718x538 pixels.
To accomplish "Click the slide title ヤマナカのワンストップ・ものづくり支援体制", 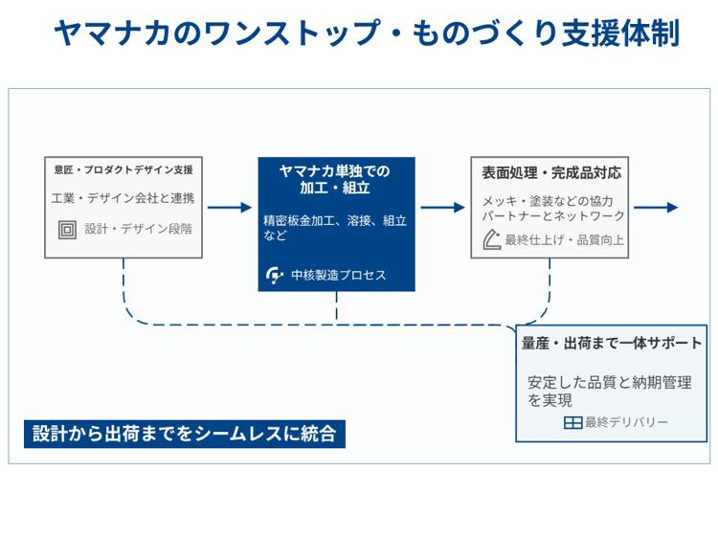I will pyautogui.click(x=367, y=33).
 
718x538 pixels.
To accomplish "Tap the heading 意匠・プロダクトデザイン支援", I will pyautogui.click(x=123, y=170).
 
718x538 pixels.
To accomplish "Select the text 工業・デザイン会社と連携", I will pyautogui.click(x=123, y=198).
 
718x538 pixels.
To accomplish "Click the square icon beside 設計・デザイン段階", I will pyautogui.click(x=68, y=230).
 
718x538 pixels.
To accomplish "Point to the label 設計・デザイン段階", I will pyautogui.click(x=138, y=230).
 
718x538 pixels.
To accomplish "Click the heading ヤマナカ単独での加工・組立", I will pyautogui.click(x=335, y=179).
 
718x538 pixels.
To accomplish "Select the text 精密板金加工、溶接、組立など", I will pyautogui.click(x=335, y=227).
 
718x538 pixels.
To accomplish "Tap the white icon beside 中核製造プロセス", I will pyautogui.click(x=275, y=276).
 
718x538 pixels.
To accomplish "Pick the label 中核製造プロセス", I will pyautogui.click(x=341, y=276).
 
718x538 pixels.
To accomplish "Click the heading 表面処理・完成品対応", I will pyautogui.click(x=551, y=173).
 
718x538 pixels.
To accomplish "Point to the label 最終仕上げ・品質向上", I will pyautogui.click(x=565, y=240).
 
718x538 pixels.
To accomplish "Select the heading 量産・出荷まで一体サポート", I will pyautogui.click(x=612, y=343).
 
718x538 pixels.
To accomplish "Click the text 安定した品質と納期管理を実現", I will pyautogui.click(x=609, y=391).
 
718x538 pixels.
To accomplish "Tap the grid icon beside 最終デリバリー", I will pyautogui.click(x=572, y=422).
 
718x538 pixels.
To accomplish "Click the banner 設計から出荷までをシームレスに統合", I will pyautogui.click(x=185, y=434).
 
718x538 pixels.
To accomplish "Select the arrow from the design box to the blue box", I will pyautogui.click(x=230, y=208).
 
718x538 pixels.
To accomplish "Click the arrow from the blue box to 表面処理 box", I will pyautogui.click(x=442, y=208).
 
